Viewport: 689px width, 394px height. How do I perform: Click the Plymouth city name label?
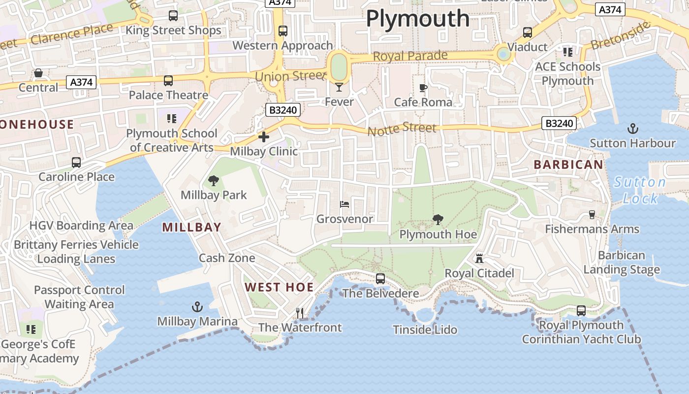coord(418,19)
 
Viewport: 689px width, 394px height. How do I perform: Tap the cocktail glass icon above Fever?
coord(339,87)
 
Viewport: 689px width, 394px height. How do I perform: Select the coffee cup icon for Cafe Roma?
coord(423,88)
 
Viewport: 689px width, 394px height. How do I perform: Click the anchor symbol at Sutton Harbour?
coord(632,129)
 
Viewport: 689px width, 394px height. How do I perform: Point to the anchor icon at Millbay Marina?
coord(197,307)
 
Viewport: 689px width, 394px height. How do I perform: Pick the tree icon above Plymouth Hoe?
coord(438,220)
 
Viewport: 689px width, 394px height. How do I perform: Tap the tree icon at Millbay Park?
coord(214,181)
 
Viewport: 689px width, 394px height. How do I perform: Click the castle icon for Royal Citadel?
coord(479,259)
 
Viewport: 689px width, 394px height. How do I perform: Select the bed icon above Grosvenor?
coord(344,204)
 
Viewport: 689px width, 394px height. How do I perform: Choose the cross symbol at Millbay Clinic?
coord(264,137)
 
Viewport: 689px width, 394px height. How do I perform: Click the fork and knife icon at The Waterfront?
coord(299,313)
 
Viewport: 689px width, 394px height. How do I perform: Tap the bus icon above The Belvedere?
coord(380,279)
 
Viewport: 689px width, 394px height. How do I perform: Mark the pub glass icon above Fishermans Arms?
coord(592,215)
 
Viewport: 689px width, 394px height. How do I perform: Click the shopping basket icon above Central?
coord(38,73)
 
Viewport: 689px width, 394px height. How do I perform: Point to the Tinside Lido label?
coord(425,329)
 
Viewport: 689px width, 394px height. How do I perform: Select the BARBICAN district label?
coord(568,164)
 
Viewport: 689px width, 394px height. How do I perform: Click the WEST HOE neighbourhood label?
coord(279,287)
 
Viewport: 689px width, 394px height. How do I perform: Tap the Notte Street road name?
coord(402,129)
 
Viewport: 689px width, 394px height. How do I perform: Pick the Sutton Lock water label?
coord(640,190)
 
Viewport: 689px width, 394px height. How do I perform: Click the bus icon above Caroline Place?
coord(76,162)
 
